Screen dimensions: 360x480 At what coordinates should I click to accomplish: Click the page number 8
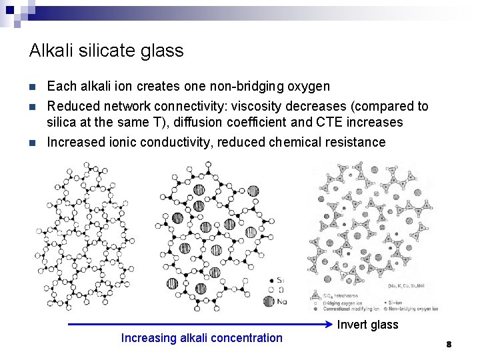[x=449, y=344]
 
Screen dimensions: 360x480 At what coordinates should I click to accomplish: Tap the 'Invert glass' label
[x=368, y=325]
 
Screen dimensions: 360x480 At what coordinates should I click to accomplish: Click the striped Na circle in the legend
[x=269, y=301]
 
